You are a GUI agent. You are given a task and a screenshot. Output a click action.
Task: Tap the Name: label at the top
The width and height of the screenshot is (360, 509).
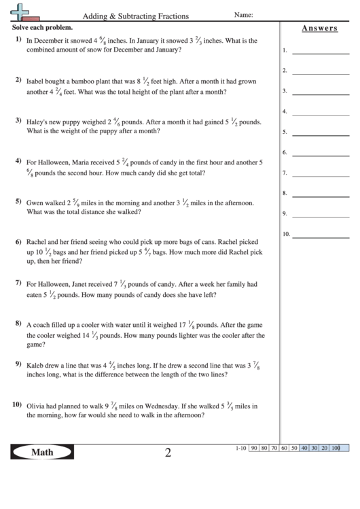click(244, 14)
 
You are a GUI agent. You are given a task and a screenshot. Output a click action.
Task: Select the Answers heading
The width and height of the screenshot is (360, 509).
click(319, 29)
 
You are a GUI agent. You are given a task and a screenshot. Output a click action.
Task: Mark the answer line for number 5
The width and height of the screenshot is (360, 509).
click(320, 132)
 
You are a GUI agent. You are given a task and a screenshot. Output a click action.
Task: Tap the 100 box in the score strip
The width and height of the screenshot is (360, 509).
click(336, 448)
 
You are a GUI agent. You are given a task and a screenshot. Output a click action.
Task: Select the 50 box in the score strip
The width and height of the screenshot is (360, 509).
click(294, 448)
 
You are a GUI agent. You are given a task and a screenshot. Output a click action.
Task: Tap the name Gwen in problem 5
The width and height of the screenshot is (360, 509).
click(34, 203)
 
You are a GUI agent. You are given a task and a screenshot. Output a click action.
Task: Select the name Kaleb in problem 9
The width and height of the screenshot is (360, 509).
click(35, 365)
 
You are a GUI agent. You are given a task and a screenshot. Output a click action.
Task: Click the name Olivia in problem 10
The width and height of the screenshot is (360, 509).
click(35, 406)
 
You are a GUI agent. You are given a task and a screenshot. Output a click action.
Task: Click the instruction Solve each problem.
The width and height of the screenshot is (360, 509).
click(42, 29)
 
